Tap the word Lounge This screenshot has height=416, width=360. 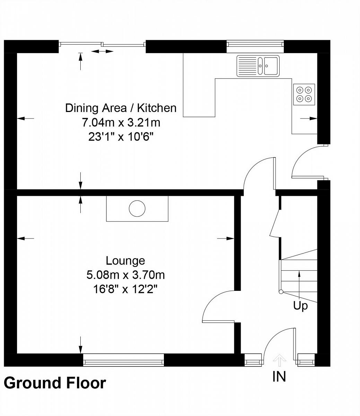pyautogui.click(x=125, y=261)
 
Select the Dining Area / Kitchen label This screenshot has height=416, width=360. pyautogui.click(x=121, y=108)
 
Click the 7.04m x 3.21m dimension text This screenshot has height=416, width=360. pyautogui.click(x=121, y=122)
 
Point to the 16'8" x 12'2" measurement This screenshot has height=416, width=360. pyautogui.click(x=125, y=289)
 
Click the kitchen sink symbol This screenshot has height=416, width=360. pyautogui.click(x=258, y=66)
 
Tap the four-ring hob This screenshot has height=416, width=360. pyautogui.click(x=304, y=94)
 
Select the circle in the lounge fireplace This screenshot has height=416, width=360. pyautogui.click(x=137, y=208)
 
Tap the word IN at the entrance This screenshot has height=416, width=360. pyautogui.click(x=279, y=376)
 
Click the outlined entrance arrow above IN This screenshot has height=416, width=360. pyautogui.click(x=279, y=360)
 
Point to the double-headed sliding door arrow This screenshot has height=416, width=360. pyautogui.click(x=102, y=51)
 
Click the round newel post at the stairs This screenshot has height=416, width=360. pyautogui.click(x=281, y=292)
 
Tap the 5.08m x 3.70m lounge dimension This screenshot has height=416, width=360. pyautogui.click(x=125, y=275)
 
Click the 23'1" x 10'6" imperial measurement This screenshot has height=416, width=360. pyautogui.click(x=121, y=137)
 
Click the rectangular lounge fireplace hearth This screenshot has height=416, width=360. pyautogui.click(x=137, y=209)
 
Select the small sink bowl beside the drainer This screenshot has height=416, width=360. pyautogui.click(x=260, y=66)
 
